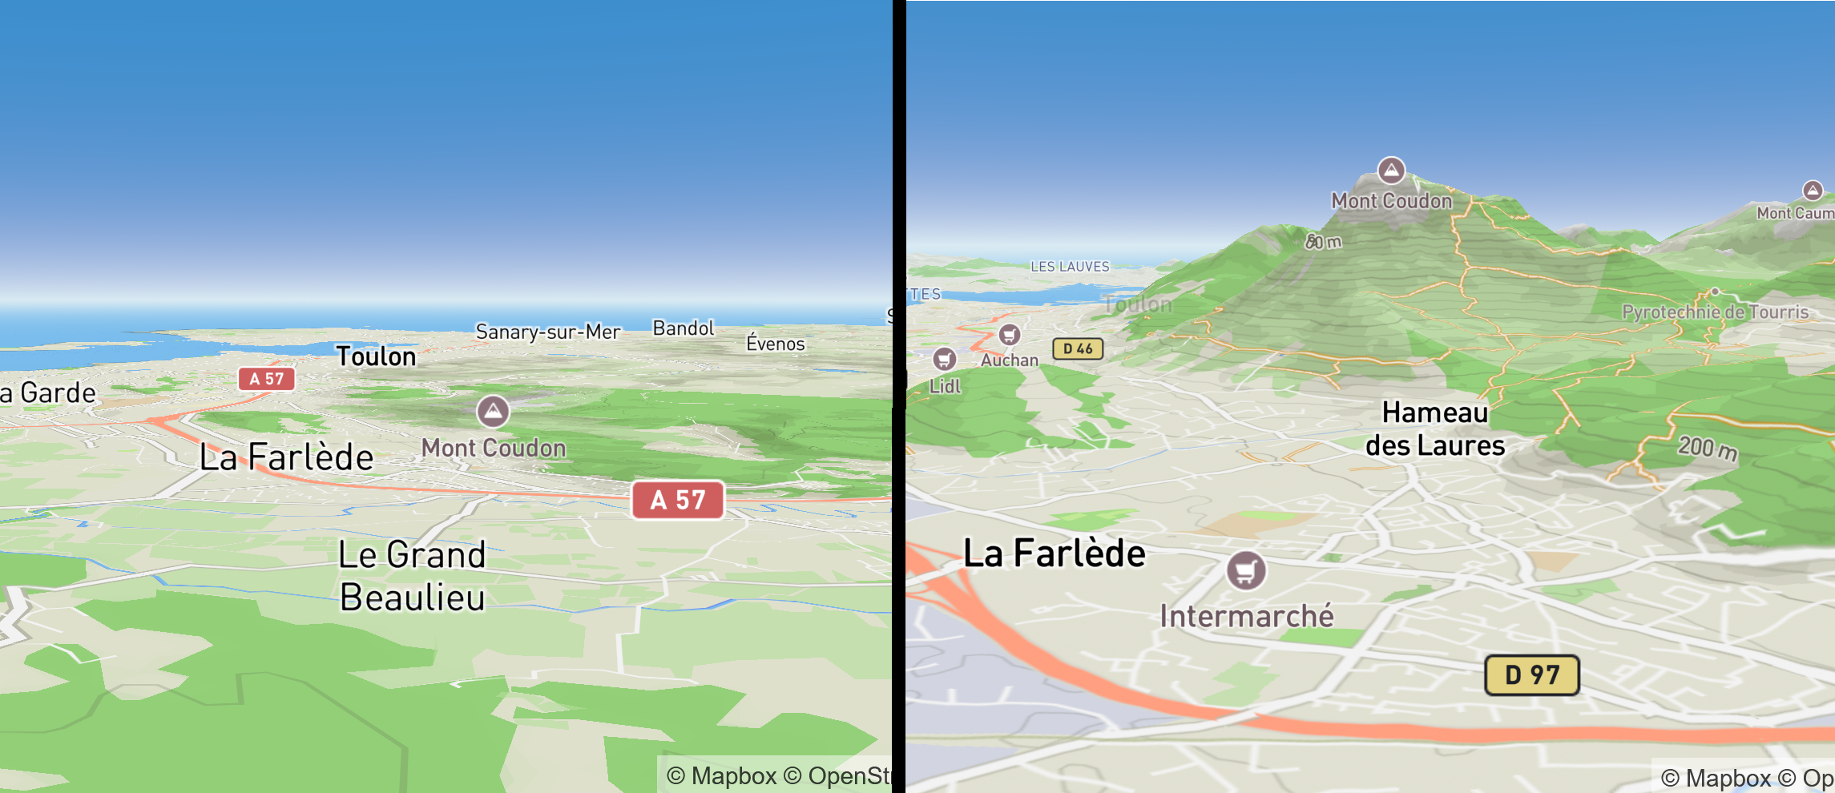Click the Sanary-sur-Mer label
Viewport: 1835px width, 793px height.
[547, 332]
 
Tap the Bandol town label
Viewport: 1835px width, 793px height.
[683, 328]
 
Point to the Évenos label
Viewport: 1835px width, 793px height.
[775, 344]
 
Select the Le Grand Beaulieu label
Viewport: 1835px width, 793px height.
[412, 576]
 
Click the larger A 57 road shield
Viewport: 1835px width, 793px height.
[678, 500]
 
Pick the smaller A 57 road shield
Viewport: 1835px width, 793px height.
[266, 379]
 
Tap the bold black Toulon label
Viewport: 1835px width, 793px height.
[376, 356]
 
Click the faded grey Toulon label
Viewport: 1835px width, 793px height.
[1136, 304]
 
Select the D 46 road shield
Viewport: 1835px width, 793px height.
[1078, 348]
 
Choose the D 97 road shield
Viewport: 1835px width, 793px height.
[1531, 674]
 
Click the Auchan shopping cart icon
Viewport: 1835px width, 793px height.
[1009, 335]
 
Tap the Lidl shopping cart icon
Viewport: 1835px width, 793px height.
[945, 359]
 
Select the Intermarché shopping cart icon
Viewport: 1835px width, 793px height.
[1245, 571]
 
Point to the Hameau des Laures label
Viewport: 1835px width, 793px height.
[1434, 429]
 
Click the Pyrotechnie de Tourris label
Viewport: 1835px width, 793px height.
[1715, 312]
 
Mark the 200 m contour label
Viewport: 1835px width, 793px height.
[1708, 448]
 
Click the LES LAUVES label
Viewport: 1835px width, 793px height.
[1070, 267]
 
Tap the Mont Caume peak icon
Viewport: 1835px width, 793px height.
[1813, 191]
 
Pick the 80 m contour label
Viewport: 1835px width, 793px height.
[1323, 241]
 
